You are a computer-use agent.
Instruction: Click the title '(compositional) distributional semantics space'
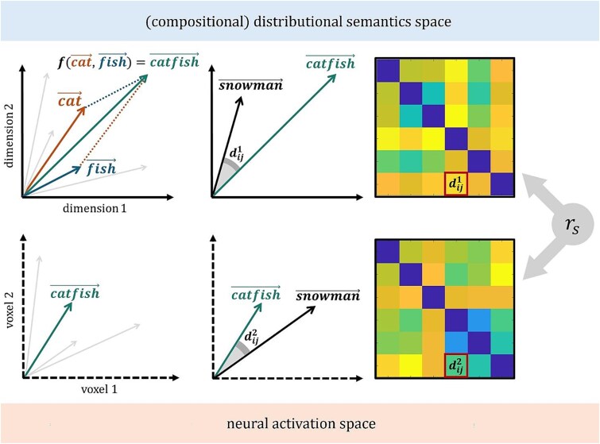tap(300, 21)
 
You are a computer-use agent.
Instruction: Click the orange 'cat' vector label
tap(71, 100)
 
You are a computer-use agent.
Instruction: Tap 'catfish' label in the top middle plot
tap(330, 61)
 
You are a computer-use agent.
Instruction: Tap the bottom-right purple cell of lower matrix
tap(501, 367)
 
